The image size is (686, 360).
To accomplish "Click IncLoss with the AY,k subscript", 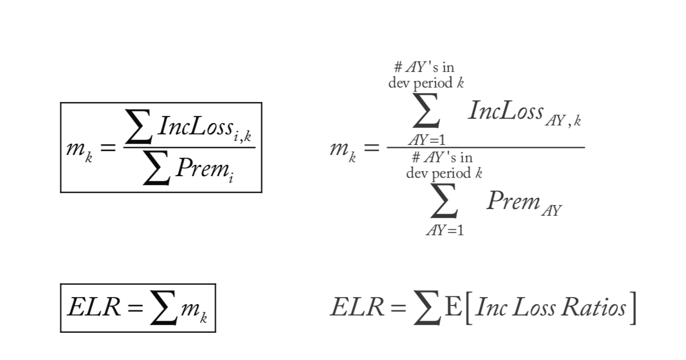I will [x=506, y=111].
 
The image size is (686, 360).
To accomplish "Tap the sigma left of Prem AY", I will [x=444, y=204].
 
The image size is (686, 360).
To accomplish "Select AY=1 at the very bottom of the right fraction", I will [x=444, y=230].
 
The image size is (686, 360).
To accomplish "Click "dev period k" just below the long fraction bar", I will [x=444, y=173].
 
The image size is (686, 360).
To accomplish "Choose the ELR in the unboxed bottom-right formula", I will [x=357, y=308].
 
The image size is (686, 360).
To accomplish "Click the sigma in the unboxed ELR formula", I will [x=425, y=309].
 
